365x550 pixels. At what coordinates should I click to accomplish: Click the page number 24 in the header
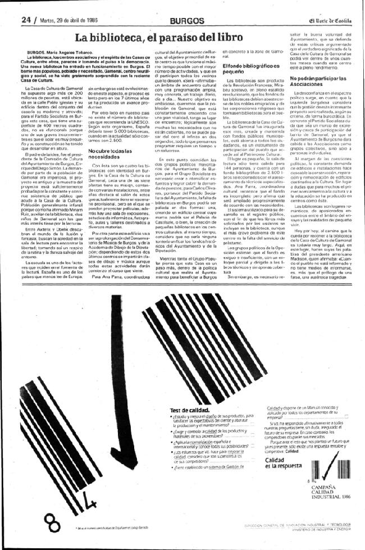[25, 19]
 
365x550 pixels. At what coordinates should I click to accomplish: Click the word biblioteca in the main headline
[118, 39]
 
